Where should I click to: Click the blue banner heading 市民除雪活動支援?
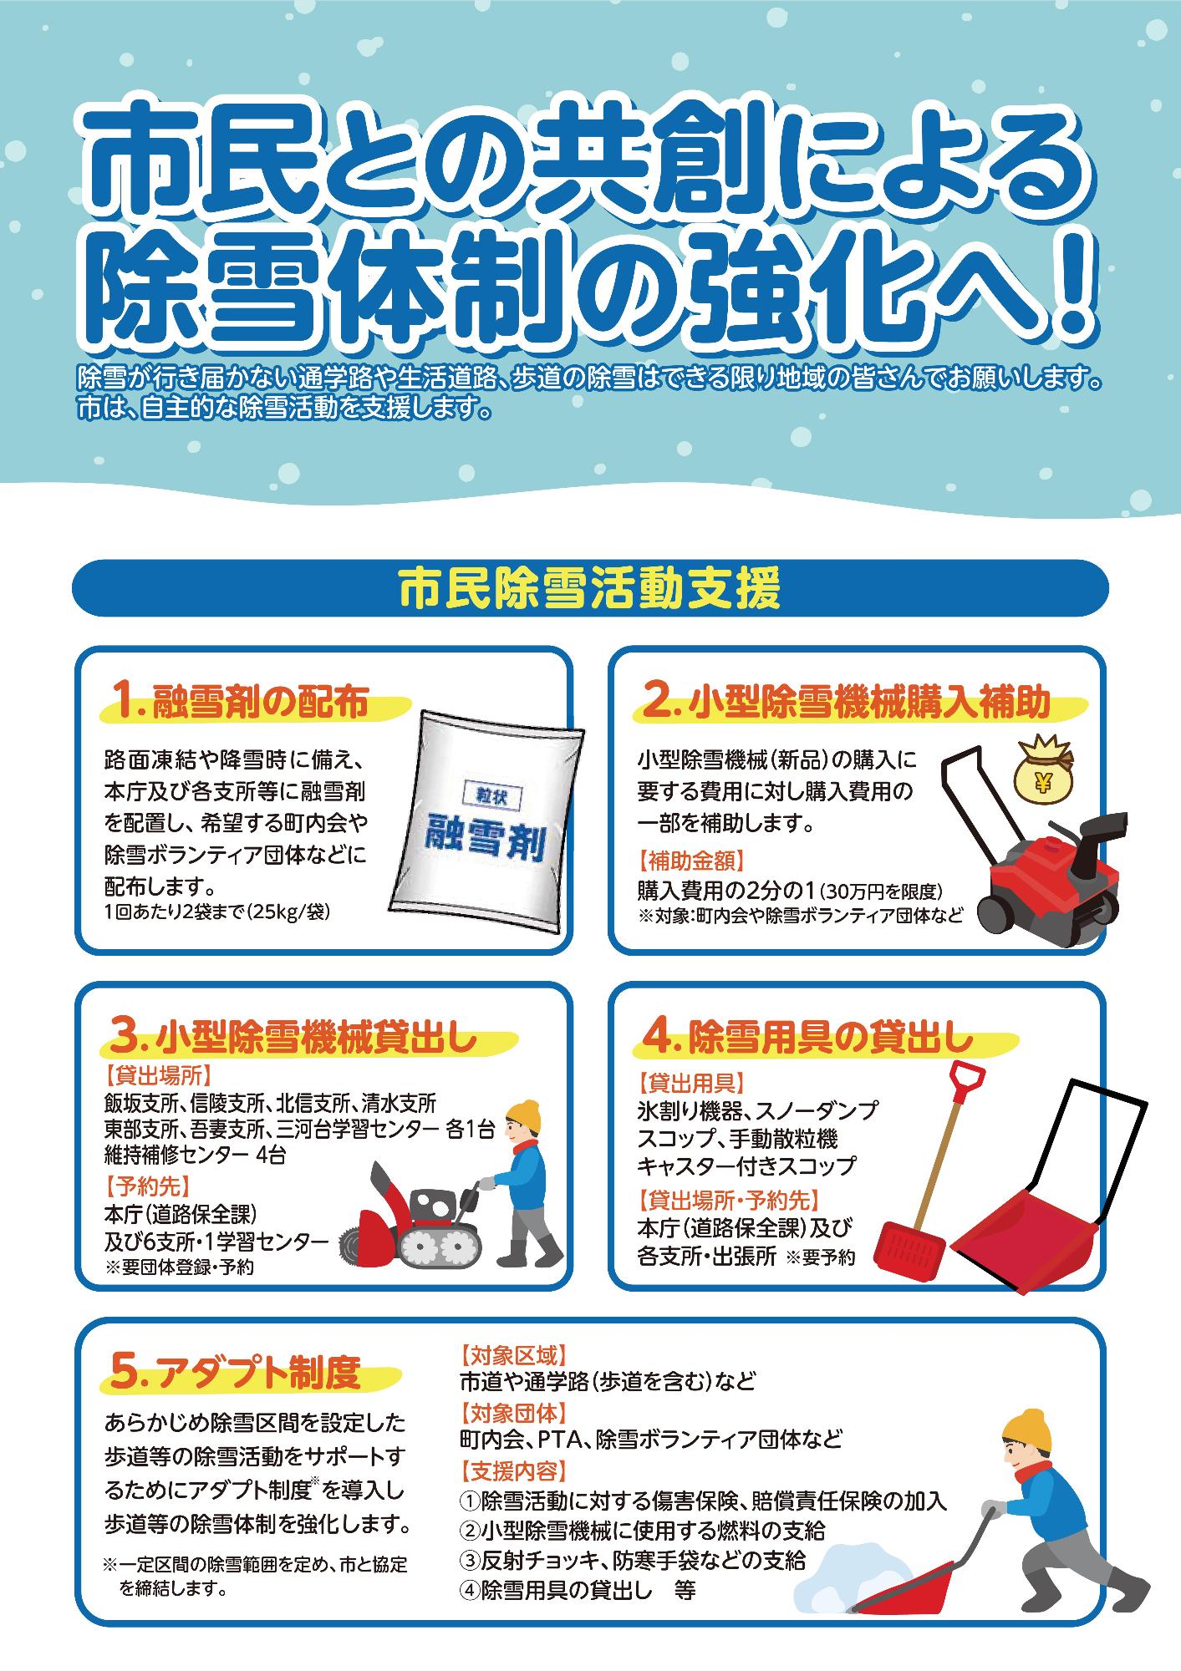point(590,589)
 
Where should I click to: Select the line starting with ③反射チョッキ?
point(633,1559)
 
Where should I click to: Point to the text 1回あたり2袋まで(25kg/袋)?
point(217,912)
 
